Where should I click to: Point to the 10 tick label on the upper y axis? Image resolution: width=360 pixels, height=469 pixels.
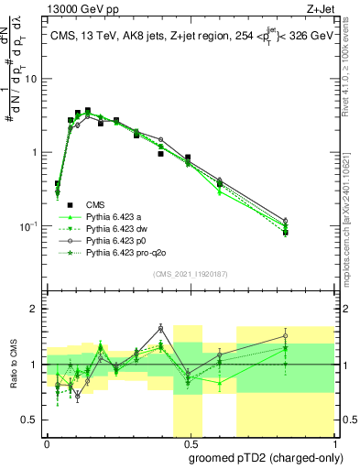[32, 79]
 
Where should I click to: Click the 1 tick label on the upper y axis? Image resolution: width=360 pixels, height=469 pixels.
[36, 152]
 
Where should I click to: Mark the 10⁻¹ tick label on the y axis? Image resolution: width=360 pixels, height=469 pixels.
[30, 225]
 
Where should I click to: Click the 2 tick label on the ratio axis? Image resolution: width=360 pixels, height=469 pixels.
[36, 309]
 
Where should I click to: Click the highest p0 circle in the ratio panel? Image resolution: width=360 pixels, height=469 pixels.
[160, 328]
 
